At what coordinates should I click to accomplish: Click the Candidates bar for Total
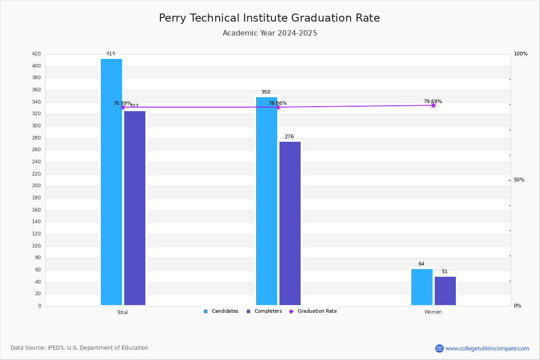click(x=111, y=182)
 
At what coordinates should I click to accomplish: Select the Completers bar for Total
click(x=135, y=208)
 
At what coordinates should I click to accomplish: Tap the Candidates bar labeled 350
click(x=266, y=201)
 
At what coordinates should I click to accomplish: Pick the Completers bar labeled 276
click(x=290, y=223)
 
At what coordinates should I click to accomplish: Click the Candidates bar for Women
click(x=422, y=287)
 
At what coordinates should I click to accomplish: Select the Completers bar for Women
click(x=445, y=291)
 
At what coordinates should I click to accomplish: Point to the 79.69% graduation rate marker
click(x=433, y=105)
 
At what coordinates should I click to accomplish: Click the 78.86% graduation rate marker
click(x=278, y=107)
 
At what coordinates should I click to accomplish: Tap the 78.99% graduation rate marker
click(x=122, y=107)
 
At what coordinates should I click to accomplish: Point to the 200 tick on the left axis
click(x=36, y=186)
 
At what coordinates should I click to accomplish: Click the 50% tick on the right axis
click(x=519, y=180)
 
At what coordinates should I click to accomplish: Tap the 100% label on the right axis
click(x=521, y=54)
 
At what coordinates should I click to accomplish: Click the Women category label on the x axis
click(x=433, y=312)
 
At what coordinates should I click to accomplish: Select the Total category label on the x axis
click(x=122, y=312)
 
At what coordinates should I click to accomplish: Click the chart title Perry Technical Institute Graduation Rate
click(x=269, y=18)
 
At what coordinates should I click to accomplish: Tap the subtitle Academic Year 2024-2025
click(x=270, y=33)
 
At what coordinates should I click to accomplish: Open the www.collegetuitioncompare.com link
click(x=487, y=348)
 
